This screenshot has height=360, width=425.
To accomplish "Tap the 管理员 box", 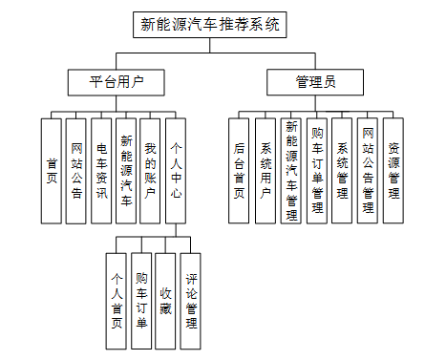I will point(314,82).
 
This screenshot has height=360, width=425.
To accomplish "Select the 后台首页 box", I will point(240,170).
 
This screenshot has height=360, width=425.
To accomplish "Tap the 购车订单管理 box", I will point(317,170).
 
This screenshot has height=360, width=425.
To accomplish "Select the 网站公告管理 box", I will point(369,170).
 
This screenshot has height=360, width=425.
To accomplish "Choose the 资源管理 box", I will point(393,170).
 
